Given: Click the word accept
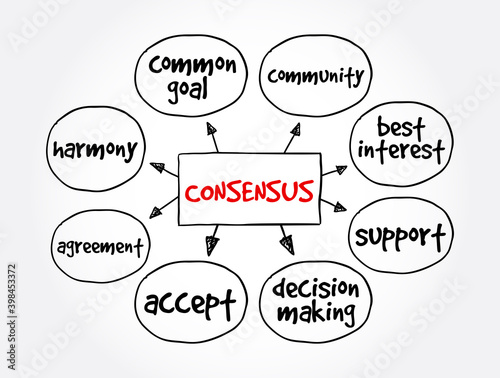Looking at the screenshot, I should pyautogui.click(x=191, y=301).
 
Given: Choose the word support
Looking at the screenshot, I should pyautogui.click(x=399, y=236).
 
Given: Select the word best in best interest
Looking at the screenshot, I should pyautogui.click(x=399, y=128).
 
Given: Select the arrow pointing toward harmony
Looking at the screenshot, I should pyautogui.click(x=159, y=168).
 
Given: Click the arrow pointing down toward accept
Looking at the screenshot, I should pyautogui.click(x=211, y=243).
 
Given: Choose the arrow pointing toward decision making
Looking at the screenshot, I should pyautogui.click(x=287, y=243).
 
